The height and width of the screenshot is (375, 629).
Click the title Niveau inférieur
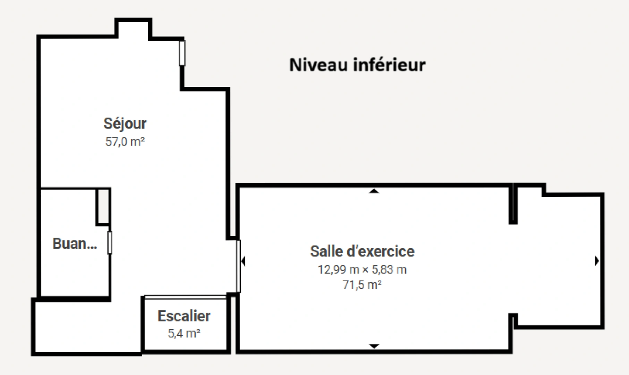point(357,65)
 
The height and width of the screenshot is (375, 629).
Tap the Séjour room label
point(125,124)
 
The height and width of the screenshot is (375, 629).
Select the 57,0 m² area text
point(125,142)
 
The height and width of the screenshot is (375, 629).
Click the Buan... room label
point(75,244)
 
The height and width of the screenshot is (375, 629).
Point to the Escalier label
point(184,316)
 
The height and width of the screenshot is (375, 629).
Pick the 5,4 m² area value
point(184,333)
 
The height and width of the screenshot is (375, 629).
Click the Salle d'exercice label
point(362,251)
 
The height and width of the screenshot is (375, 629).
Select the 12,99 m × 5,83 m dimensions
point(362,269)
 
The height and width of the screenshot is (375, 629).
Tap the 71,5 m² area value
point(362,285)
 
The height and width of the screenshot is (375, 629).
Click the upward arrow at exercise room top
point(374,191)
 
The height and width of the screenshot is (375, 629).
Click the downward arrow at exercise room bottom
point(374,346)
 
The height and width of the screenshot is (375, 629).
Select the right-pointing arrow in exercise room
point(597,261)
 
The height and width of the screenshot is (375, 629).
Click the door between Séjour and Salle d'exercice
point(238,266)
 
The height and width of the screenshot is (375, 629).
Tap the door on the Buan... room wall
point(110,242)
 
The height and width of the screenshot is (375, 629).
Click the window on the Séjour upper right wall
point(182,53)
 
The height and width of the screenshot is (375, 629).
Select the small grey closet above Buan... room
point(103,206)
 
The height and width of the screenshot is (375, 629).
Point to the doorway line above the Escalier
point(185,297)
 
